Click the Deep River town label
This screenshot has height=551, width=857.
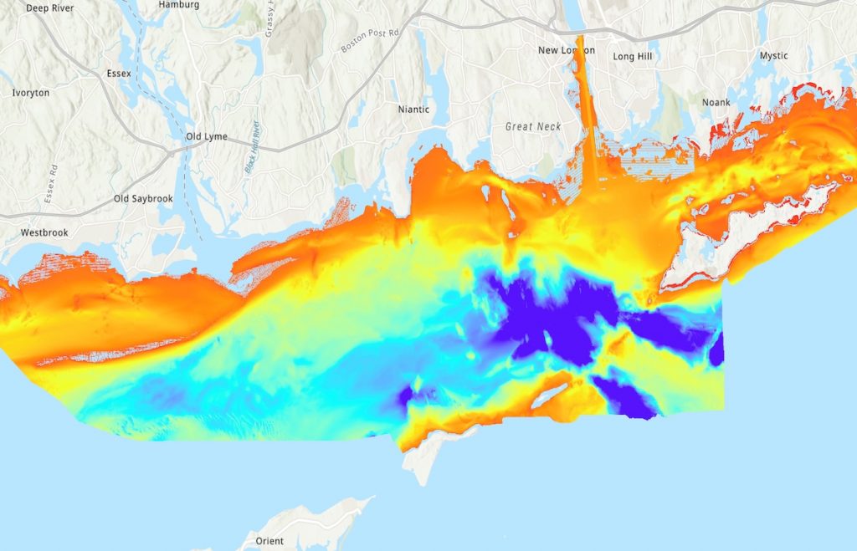[x=50, y=8]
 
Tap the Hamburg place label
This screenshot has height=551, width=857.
[x=179, y=4]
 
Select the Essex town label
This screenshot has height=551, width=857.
[x=119, y=74]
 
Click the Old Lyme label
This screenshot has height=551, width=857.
[x=206, y=136]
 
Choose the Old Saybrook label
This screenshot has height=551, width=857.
[x=142, y=199]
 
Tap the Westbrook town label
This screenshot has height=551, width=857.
[x=44, y=232]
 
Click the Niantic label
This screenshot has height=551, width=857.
[x=413, y=110]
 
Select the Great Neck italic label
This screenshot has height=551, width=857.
[x=533, y=126]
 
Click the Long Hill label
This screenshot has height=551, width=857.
[x=633, y=57]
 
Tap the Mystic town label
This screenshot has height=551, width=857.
[x=773, y=56]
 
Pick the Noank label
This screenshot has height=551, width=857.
[x=716, y=102]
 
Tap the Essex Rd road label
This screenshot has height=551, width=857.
[x=49, y=185]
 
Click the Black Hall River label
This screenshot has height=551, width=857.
[x=252, y=147]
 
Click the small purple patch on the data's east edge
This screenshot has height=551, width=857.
[x=716, y=349]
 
